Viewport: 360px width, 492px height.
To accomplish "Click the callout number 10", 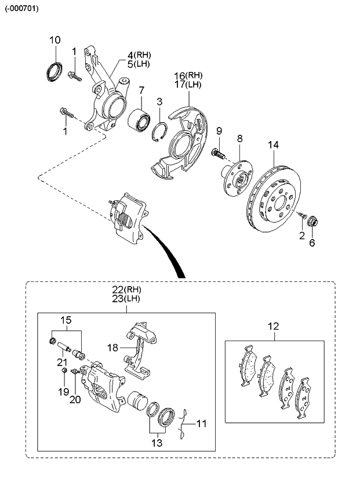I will tap(54, 40).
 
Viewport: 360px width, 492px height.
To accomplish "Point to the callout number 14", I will tap(273, 144).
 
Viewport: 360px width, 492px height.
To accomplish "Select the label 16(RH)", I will tap(188, 75).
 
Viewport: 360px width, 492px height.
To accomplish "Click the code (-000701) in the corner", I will tap(23, 8).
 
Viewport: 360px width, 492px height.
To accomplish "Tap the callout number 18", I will tap(112, 346).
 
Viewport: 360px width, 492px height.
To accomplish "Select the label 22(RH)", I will tap(126, 289).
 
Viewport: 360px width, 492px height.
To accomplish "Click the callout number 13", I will tap(157, 442).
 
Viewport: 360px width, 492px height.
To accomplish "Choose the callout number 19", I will tap(63, 392).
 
